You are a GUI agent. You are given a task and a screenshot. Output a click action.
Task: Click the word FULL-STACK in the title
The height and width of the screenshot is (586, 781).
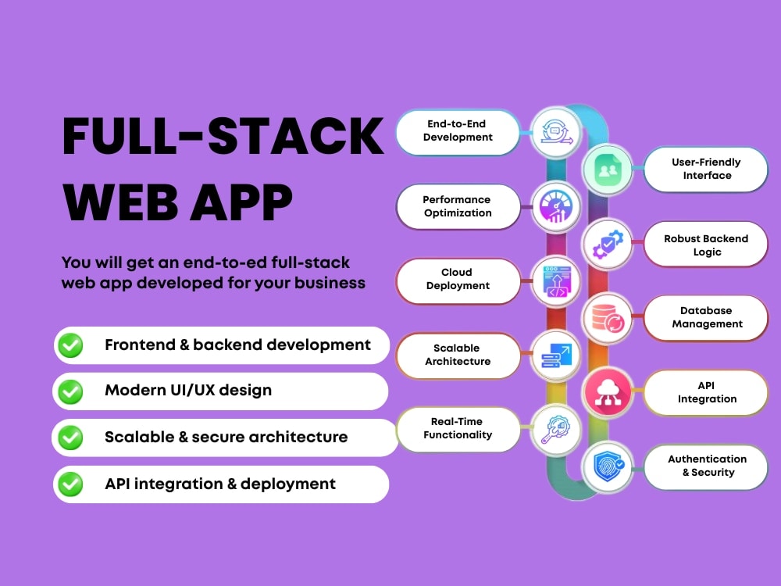tap(223, 136)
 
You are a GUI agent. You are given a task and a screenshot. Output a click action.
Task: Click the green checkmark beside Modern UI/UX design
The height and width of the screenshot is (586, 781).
tap(70, 391)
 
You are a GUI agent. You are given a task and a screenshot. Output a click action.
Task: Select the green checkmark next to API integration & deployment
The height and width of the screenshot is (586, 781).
tap(70, 484)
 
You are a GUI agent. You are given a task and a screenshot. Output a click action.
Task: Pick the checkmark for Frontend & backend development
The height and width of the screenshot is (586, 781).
tap(70, 345)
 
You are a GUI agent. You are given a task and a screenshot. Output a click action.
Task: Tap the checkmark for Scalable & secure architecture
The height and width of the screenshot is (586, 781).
tap(70, 438)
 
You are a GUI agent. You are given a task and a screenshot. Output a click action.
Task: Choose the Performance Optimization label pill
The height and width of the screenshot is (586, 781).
tap(458, 206)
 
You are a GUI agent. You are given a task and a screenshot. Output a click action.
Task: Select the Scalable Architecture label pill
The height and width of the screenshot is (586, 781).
tap(458, 356)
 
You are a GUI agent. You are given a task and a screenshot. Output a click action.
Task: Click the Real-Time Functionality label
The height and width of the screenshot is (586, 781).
tap(458, 429)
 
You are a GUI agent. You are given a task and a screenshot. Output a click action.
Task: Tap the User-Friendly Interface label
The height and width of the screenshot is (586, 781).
tap(706, 169)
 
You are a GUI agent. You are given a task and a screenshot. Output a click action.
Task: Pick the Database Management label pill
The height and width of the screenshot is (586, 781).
tap(706, 318)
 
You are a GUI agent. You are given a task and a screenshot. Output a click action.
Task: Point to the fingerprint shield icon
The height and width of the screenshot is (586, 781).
tap(608, 467)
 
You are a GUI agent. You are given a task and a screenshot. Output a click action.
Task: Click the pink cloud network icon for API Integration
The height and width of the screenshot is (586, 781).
tap(607, 392)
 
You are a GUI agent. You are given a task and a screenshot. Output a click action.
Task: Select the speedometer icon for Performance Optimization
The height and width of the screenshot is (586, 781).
tap(556, 206)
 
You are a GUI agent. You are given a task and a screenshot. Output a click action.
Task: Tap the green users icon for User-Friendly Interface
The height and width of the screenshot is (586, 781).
tap(607, 170)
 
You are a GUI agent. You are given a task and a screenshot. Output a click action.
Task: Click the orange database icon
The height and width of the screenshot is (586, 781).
tap(607, 318)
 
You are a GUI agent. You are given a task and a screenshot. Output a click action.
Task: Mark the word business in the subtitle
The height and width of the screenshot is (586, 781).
tap(330, 283)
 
